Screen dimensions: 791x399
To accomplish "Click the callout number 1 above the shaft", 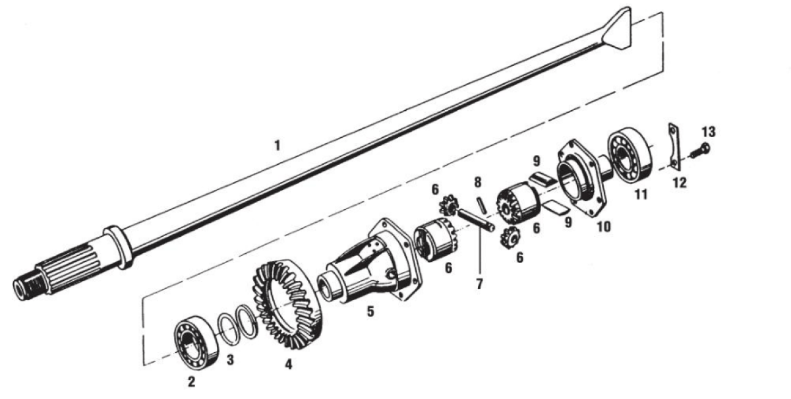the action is pyautogui.click(x=278, y=145).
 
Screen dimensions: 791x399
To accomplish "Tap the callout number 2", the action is pyautogui.click(x=191, y=381).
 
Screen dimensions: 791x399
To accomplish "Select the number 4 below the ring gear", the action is pyautogui.click(x=289, y=364).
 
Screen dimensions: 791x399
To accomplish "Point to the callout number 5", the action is pyautogui.click(x=370, y=311).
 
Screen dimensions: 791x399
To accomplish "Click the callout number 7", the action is pyautogui.click(x=479, y=284).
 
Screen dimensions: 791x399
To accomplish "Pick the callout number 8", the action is pyautogui.click(x=478, y=183).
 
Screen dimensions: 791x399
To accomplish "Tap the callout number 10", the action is pyautogui.click(x=604, y=226).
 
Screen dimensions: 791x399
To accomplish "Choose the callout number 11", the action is pyautogui.click(x=641, y=194).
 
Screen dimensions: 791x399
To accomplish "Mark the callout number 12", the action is pyautogui.click(x=680, y=183).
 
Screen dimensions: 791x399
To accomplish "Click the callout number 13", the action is pyautogui.click(x=709, y=132).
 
